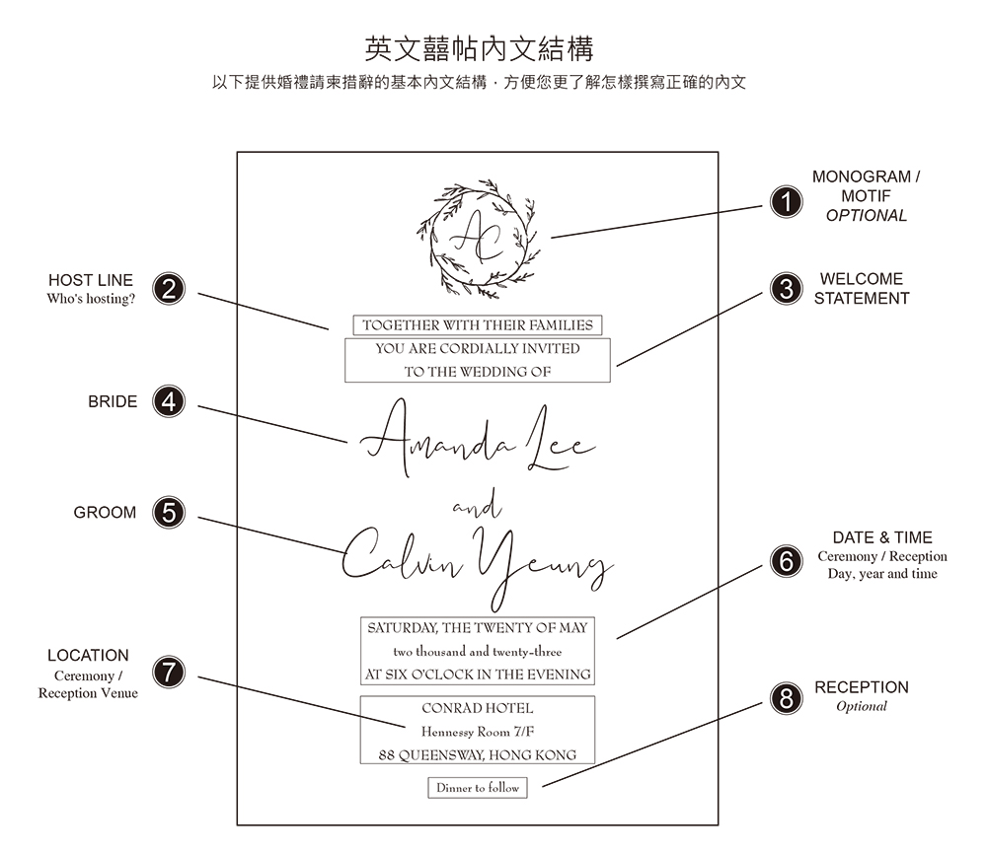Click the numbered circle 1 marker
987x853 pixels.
pyautogui.click(x=786, y=203)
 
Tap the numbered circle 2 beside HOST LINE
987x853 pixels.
pyautogui.click(x=170, y=289)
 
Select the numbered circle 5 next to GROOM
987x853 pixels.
pyautogui.click(x=170, y=513)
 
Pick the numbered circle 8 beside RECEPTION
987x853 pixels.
pyautogui.click(x=786, y=699)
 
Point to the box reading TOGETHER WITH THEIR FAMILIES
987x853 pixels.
pyautogui.click(x=478, y=324)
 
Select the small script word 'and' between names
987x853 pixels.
pyautogui.click(x=477, y=509)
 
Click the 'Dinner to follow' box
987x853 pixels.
pyautogui.click(x=478, y=788)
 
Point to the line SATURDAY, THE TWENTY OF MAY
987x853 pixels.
pyautogui.click(x=478, y=627)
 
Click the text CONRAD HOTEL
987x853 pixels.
pyautogui.click(x=478, y=708)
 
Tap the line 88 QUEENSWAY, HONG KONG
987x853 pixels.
pyautogui.click(x=478, y=755)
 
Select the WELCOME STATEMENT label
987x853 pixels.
pyautogui.click(x=862, y=288)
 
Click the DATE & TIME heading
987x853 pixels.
pyautogui.click(x=882, y=537)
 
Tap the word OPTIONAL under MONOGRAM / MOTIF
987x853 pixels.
pyautogui.click(x=866, y=215)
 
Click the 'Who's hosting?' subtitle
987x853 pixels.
pyautogui.click(x=91, y=299)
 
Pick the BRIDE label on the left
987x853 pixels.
pyautogui.click(x=113, y=401)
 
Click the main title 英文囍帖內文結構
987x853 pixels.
pyautogui.click(x=479, y=48)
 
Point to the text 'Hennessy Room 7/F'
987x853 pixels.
pyautogui.click(x=478, y=732)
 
